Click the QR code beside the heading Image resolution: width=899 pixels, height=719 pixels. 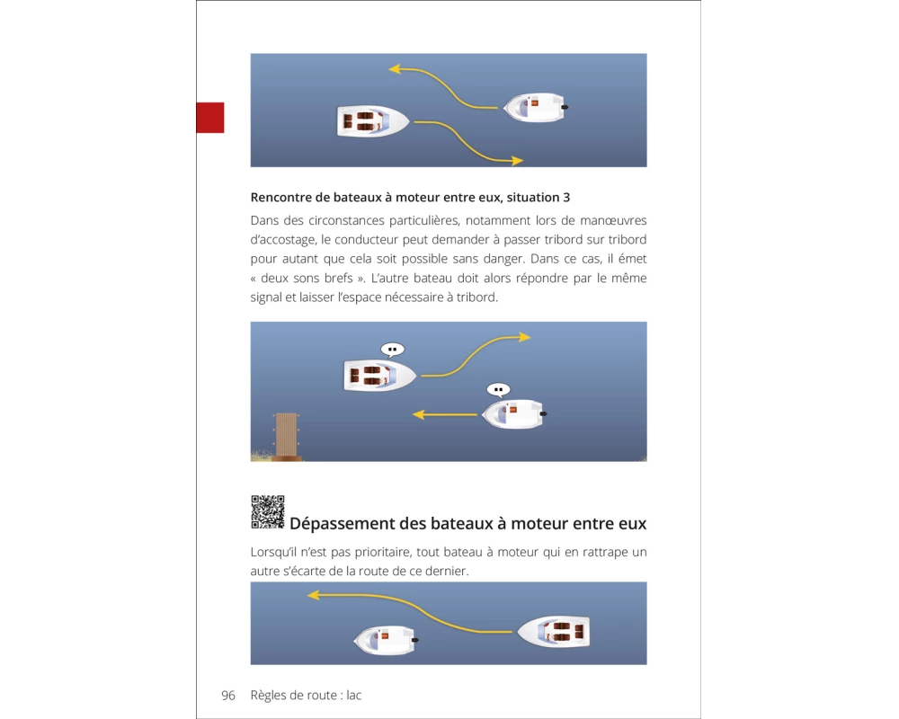268,512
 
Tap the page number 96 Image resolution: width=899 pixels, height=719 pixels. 228,696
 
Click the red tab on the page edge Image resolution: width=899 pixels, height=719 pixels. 209,118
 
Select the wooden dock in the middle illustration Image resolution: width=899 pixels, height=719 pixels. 286,437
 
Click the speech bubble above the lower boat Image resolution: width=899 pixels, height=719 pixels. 498,390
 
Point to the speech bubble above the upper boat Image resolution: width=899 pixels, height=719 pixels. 393,350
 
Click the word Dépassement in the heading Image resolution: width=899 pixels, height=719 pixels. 343,523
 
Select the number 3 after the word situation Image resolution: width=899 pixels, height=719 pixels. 566,197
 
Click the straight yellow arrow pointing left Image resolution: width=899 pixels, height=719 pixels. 445,414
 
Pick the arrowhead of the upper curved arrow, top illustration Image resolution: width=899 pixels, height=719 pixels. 395,69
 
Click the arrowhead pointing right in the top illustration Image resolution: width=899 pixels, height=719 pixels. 517,161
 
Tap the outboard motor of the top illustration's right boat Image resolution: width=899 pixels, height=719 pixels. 565,107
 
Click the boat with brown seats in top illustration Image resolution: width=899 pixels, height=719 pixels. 373,121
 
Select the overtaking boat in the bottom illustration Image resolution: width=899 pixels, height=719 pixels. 554,632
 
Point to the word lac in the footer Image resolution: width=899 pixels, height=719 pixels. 353,696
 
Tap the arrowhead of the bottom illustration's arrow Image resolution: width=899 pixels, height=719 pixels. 314,596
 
